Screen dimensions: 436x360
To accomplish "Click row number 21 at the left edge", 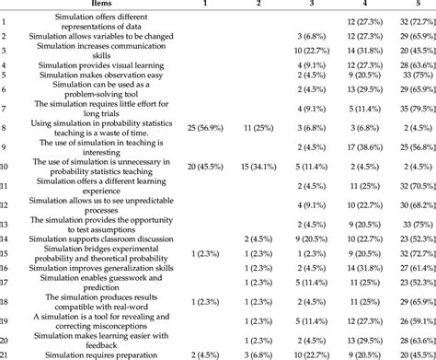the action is [x=6, y=354].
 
